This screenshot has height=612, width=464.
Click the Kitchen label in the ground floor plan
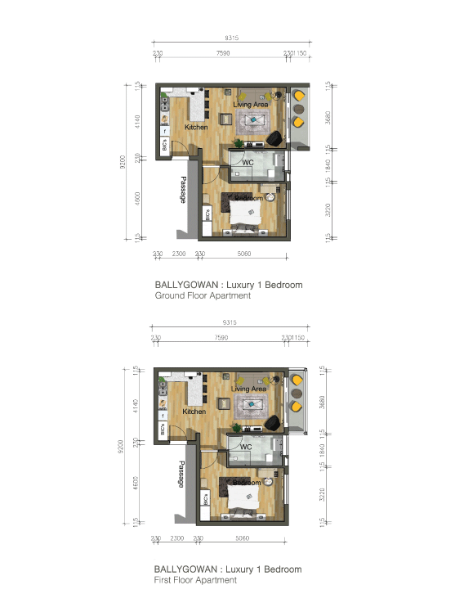(196, 128)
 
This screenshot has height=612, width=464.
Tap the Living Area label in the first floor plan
(249, 389)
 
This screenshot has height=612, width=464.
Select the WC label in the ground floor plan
(248, 163)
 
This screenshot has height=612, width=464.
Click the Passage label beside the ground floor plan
(183, 190)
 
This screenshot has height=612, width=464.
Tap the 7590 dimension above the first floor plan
(222, 338)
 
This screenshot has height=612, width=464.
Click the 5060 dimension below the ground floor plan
(243, 254)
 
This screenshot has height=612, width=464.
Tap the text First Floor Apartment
(195, 580)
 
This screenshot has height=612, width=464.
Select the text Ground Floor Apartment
(203, 296)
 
